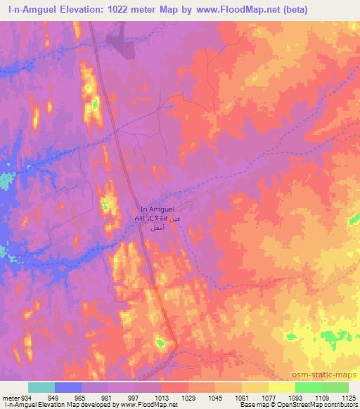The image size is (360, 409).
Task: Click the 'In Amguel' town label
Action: tap(162, 209)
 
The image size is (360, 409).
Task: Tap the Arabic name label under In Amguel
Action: tap(162, 223)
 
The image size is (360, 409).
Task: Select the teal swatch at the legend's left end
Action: tap(41, 387)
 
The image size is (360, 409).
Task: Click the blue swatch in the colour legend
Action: tap(68, 387)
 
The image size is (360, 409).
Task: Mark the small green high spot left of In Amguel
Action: tap(105, 205)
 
